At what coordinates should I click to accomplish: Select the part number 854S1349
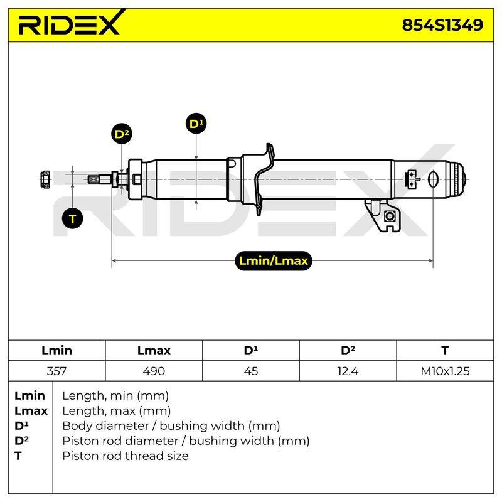442,25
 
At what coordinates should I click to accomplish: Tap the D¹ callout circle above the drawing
196,124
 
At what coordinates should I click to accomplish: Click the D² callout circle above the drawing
122,134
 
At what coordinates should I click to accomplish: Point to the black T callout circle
72,218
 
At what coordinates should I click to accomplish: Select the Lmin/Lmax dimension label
274,260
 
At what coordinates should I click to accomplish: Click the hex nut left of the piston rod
45,179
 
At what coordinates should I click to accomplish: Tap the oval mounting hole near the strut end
433,179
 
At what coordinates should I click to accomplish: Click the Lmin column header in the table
56,350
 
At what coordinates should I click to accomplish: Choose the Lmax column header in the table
154,350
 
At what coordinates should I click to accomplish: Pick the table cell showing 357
56,371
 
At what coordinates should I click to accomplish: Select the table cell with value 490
154,371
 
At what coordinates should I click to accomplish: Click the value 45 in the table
250,371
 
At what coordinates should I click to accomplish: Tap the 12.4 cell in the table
348,371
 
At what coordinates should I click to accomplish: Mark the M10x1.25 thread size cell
445,371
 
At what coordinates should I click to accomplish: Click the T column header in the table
445,350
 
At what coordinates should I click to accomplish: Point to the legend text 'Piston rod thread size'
125,456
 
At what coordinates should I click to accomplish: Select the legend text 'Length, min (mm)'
115,396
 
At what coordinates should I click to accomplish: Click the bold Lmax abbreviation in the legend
31,411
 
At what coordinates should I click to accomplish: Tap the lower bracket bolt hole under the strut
389,216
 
